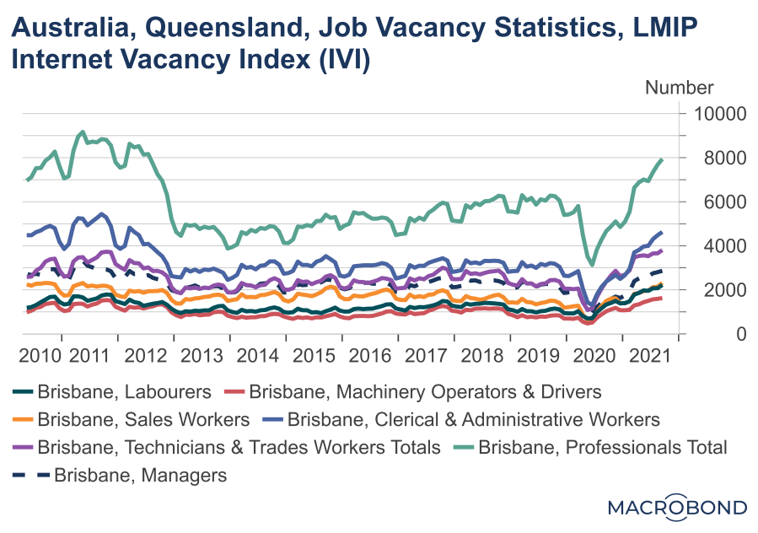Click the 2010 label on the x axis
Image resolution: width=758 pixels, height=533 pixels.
40,355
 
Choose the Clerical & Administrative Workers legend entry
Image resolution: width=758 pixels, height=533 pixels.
473,419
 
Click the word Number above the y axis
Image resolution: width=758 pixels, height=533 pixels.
680,88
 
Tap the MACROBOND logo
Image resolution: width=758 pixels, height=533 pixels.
677,507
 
